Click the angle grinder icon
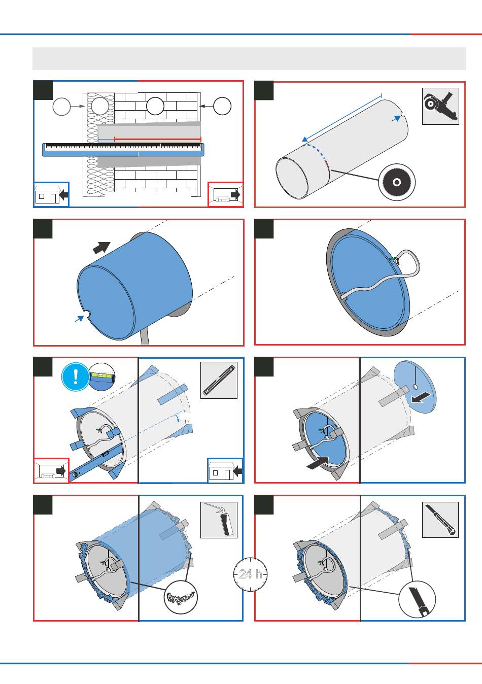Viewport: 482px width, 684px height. (440, 106)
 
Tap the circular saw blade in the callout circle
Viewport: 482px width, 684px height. (397, 182)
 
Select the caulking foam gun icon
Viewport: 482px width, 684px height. (219, 520)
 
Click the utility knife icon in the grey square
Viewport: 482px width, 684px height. (440, 520)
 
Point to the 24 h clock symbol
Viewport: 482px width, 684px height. (251, 574)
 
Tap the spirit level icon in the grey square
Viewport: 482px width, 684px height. (219, 380)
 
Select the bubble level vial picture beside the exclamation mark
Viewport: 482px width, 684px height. (102, 378)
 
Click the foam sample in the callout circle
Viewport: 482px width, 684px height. (181, 597)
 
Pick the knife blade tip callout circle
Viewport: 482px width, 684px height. (417, 599)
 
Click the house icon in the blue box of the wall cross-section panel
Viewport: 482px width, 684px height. (51, 194)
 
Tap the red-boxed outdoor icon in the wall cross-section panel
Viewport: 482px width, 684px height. (226, 195)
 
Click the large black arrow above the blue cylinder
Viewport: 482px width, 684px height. (101, 247)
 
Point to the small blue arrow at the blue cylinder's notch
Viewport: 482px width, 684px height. (79, 318)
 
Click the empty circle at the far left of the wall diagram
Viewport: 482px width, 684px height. (62, 106)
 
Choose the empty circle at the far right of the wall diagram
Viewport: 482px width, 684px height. (222, 106)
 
